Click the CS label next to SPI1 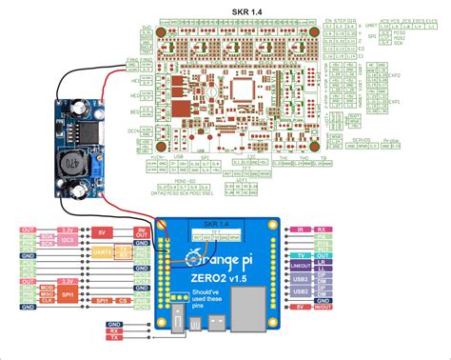(x=122, y=302)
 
